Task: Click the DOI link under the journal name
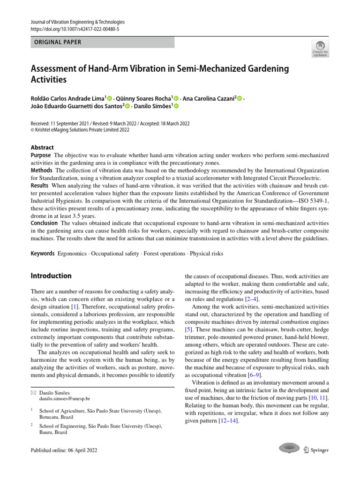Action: [75, 30]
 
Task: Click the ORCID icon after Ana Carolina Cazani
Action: [240, 99]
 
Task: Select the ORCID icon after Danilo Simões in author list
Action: [177, 107]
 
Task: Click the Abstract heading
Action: [42, 147]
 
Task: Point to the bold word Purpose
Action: [41, 155]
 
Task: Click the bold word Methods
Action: [42, 170]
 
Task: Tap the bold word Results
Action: [40, 186]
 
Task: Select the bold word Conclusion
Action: [44, 223]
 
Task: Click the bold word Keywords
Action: [43, 254]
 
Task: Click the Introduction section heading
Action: [51, 276]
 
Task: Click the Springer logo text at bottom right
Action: [319, 450]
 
